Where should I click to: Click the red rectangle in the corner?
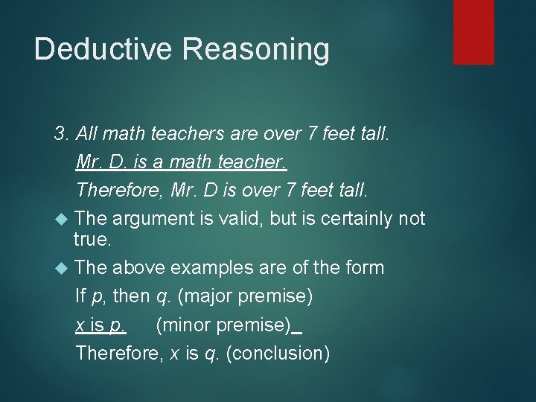pos(473,31)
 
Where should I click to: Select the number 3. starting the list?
pos(63,134)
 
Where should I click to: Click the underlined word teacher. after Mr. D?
pos(251,162)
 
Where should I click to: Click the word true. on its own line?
pos(92,239)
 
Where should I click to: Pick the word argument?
pos(151,218)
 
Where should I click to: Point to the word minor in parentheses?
pos(182,325)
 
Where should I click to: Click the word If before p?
pos(80,296)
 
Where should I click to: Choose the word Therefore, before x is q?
pos(120,352)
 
